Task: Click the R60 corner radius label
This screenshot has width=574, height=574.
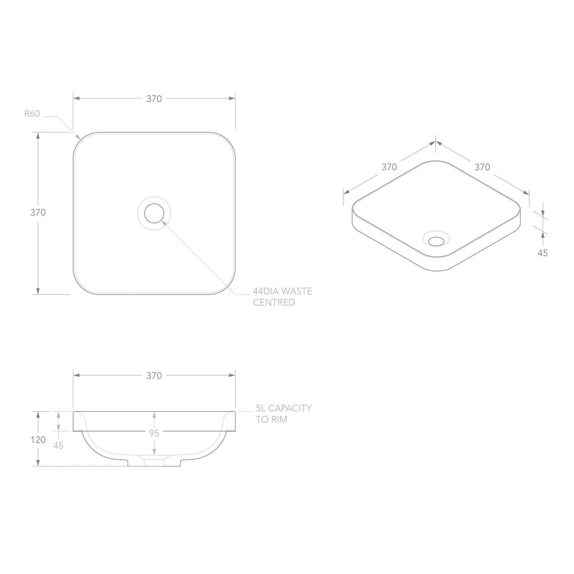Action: [33, 113]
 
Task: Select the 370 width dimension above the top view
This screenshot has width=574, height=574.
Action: [154, 99]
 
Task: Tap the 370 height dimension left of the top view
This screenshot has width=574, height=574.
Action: [38, 213]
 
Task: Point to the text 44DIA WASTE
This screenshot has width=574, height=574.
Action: [282, 292]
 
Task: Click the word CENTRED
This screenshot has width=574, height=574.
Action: [274, 302]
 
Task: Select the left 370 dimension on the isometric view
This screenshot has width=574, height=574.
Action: [390, 167]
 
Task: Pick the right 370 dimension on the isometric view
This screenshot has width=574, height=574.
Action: [483, 167]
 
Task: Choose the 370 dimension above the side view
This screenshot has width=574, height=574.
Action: [154, 376]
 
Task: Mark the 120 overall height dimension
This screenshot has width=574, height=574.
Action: [38, 440]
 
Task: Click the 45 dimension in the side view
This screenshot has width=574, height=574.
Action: [59, 445]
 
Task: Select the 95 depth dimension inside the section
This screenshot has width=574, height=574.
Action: [154, 433]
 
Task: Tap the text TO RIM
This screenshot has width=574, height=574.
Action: [271, 419]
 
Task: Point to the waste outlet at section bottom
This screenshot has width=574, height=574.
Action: [154, 461]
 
